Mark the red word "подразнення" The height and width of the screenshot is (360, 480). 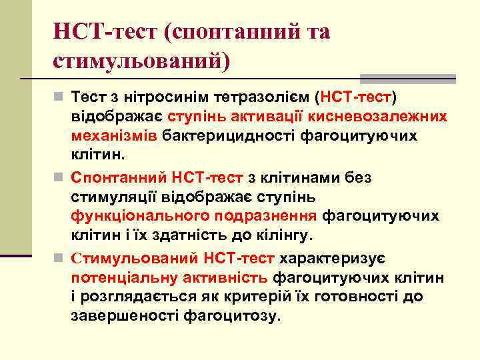click(x=267, y=216)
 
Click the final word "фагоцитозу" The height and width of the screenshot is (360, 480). click(x=241, y=315)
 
